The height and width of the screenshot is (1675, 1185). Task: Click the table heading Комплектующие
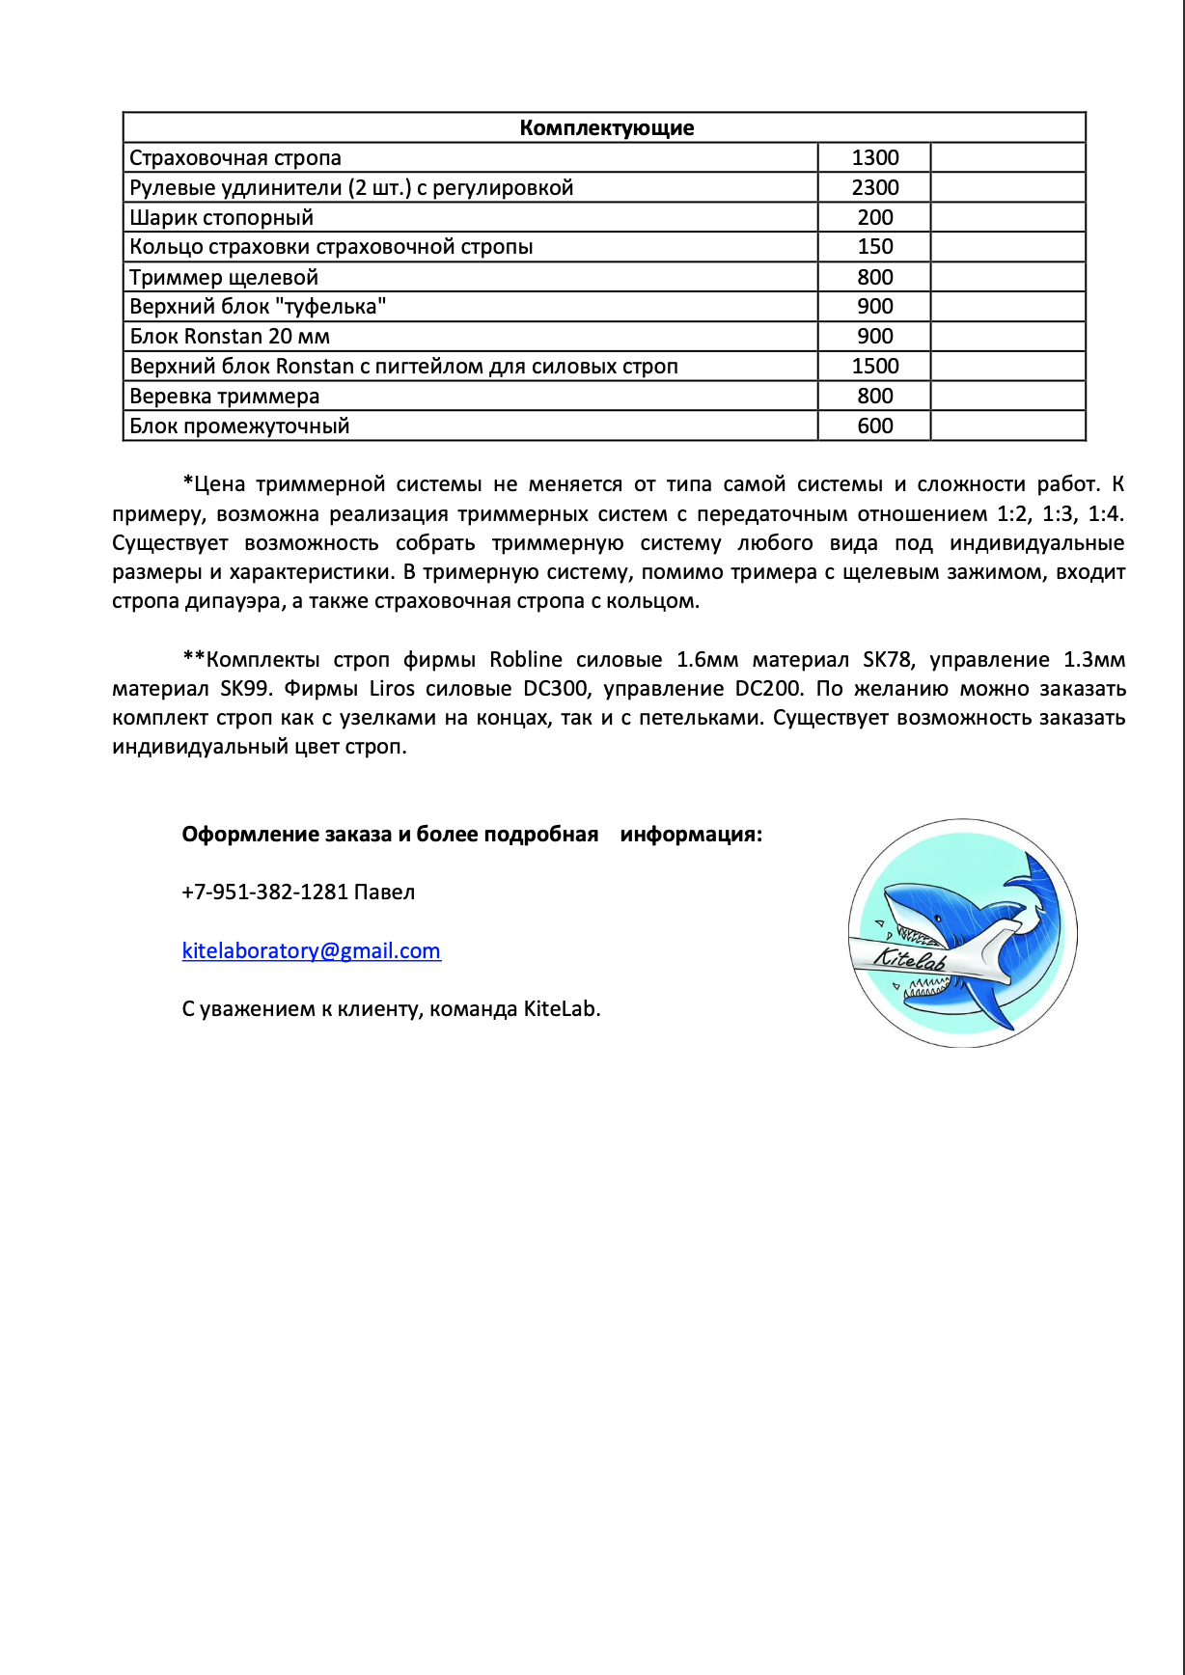pos(606,128)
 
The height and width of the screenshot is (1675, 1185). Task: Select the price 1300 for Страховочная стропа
pos(874,158)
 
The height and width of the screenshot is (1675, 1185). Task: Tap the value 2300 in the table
pos(874,188)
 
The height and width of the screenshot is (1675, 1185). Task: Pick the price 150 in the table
pos(874,247)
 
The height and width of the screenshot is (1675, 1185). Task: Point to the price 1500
pos(874,367)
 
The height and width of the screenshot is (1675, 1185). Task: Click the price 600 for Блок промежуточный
pos(874,426)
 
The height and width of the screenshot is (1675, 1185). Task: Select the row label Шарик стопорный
pos(221,218)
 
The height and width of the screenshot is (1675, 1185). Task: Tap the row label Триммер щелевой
pos(224,278)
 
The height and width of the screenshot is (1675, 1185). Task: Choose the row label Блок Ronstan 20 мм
pos(230,337)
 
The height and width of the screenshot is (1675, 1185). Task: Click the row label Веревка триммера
pos(224,397)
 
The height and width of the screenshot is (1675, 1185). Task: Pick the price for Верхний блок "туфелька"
pos(874,307)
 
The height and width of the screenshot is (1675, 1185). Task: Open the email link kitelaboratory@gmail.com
pos(311,951)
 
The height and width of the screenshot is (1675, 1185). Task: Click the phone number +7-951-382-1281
pos(264,892)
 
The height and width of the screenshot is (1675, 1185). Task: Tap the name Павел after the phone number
pos(384,892)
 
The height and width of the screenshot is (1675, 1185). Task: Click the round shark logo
pos(962,933)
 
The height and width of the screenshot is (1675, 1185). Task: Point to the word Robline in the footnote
pos(525,660)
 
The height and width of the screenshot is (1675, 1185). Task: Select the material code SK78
pos(887,660)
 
